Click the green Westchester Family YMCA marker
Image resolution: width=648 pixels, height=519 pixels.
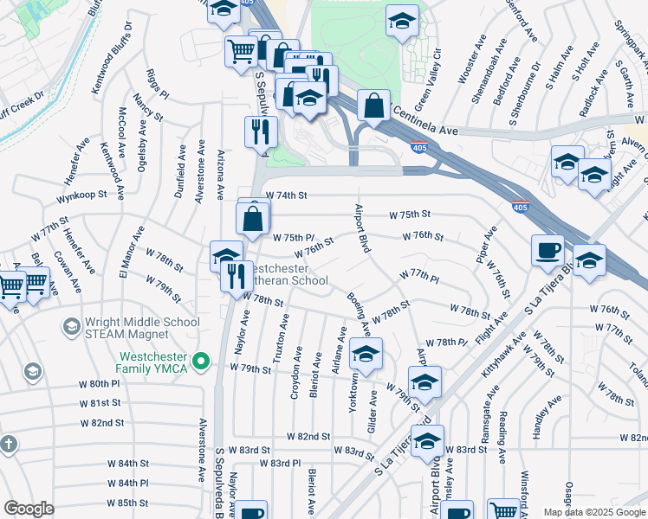(202, 359)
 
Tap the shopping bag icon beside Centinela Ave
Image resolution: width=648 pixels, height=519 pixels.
(373, 107)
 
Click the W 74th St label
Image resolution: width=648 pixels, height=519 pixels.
(287, 196)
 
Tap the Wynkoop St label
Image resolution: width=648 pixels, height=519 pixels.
(81, 197)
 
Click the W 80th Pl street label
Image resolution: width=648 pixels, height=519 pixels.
(99, 383)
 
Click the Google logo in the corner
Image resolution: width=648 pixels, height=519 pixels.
(29, 509)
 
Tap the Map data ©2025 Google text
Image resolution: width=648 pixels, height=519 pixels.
(593, 512)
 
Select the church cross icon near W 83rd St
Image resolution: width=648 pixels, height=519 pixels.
(10, 445)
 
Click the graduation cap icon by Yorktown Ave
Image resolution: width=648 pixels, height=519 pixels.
(366, 354)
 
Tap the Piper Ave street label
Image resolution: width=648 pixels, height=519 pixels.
(486, 246)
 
